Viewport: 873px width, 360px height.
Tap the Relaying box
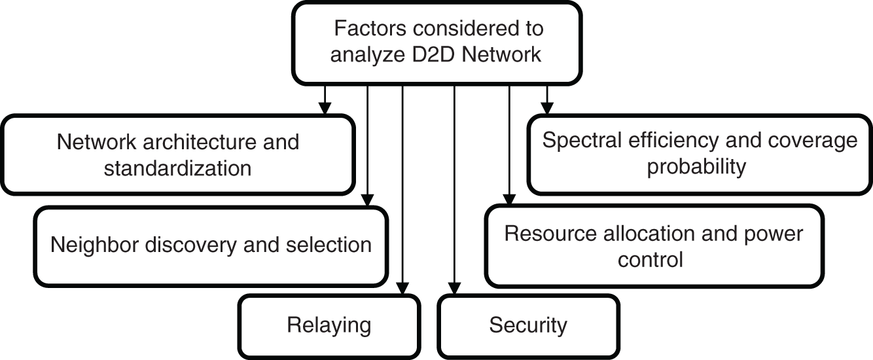point(329,325)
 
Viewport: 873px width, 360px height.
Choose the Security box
point(528,325)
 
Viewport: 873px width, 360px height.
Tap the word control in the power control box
point(650,260)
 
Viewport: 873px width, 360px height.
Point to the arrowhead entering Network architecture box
point(323,109)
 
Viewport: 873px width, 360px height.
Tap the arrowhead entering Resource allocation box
point(509,200)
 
